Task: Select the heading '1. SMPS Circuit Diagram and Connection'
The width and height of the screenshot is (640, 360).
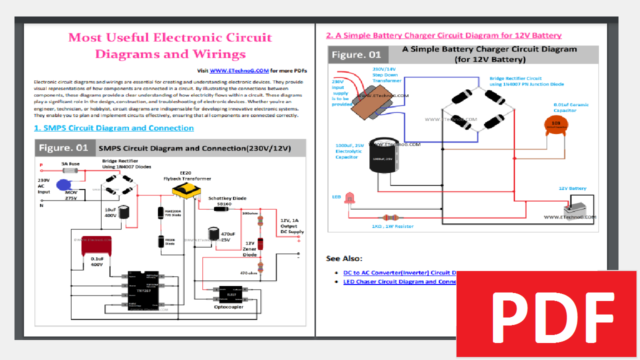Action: coord(113,128)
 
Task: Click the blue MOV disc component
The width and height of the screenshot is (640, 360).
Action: coord(64,185)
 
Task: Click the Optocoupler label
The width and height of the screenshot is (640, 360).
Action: coord(228,307)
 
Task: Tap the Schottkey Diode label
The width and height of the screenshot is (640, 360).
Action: coord(227,198)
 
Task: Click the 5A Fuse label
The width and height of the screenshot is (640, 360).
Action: coord(70,163)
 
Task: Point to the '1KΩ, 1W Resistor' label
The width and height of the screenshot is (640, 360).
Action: coord(392,226)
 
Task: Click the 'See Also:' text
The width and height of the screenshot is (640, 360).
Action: coord(344,258)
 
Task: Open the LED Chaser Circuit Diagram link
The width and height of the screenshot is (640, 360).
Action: coord(399,281)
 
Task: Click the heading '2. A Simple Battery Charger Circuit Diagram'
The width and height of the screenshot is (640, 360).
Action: coord(443,35)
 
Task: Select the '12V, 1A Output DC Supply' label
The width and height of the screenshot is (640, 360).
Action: coord(291,226)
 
